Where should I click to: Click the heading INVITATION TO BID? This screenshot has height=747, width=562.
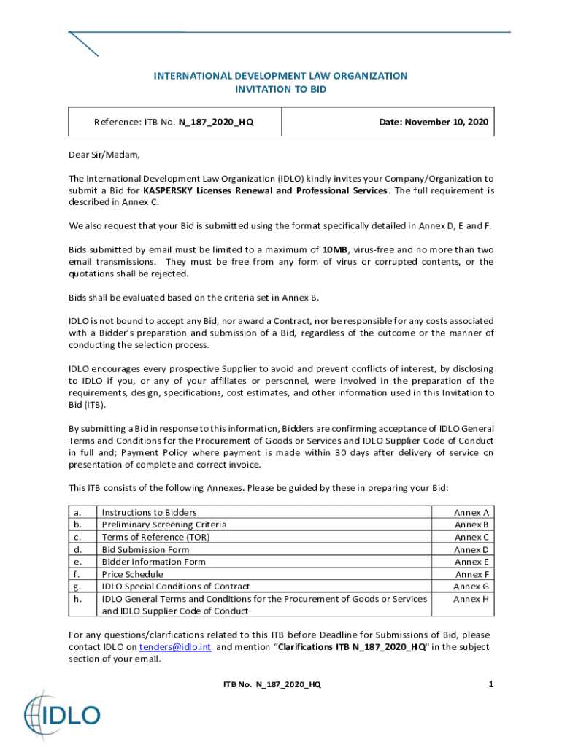tap(280, 89)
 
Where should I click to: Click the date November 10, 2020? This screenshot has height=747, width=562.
tap(434, 122)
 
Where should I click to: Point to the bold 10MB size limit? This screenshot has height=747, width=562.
tap(335, 249)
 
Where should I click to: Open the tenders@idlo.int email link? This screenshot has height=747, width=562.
tap(175, 647)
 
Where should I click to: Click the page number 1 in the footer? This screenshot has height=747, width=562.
tap(491, 684)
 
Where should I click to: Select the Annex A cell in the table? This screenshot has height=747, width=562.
tap(471, 513)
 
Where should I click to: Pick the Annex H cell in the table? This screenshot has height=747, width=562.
tap(471, 599)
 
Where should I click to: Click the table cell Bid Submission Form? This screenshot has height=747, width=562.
tap(145, 549)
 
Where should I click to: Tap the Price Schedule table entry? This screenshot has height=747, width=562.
tap(132, 574)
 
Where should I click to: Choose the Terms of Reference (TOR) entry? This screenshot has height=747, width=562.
tap(155, 537)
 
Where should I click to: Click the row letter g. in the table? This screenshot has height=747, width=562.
tap(77, 587)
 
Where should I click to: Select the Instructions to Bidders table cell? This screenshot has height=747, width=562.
tap(149, 513)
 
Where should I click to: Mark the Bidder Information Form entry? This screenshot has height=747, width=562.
tap(153, 562)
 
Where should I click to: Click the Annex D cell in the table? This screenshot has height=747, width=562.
tap(471, 549)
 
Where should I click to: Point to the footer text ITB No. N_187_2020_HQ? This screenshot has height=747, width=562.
tap(272, 684)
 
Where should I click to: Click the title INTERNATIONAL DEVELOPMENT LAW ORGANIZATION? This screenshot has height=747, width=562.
tap(280, 76)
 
